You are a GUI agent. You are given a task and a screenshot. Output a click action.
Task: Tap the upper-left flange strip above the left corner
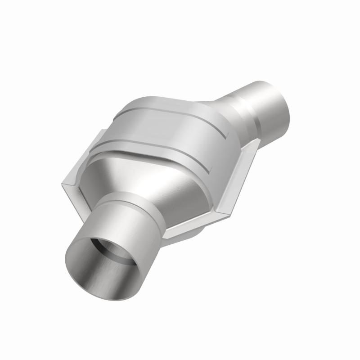83,155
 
